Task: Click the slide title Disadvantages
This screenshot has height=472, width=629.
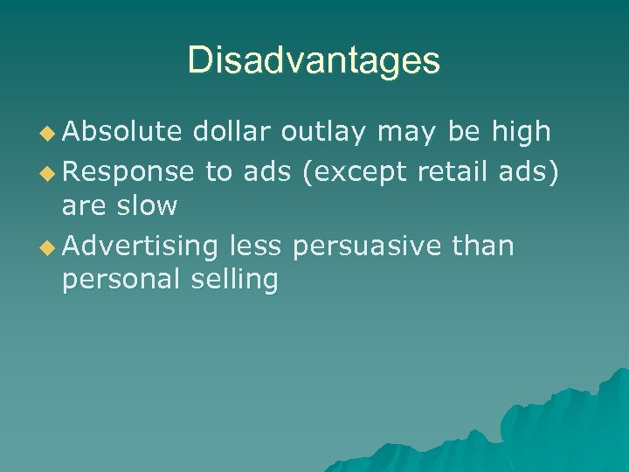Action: [x=314, y=60]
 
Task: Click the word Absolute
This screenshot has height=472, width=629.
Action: [x=122, y=131]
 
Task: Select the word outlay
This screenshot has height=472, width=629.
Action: [x=323, y=131]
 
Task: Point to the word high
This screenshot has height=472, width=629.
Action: [x=520, y=131]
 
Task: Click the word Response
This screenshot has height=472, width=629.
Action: [x=128, y=172]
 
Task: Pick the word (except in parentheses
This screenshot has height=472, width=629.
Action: [x=353, y=172]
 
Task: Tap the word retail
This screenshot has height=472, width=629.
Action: [x=451, y=172]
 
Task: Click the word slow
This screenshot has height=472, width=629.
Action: [x=150, y=207]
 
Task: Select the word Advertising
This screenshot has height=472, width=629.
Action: [x=140, y=246]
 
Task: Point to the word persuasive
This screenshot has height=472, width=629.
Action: [x=368, y=246]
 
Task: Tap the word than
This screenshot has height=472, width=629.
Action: [x=483, y=246]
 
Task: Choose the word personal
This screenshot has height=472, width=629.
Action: [x=118, y=281]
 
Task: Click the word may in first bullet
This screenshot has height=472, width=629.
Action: [x=409, y=133]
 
